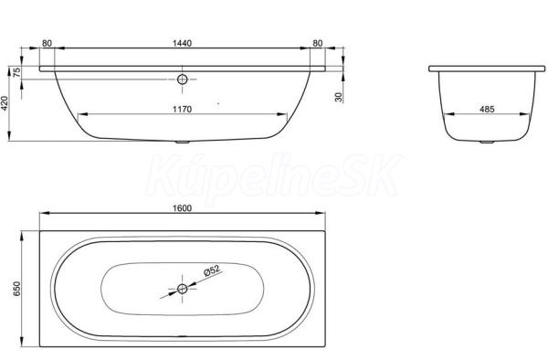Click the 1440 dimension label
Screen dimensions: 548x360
tap(182, 43)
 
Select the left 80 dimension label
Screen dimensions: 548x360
tap(47, 43)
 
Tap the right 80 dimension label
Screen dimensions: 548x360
tap(317, 43)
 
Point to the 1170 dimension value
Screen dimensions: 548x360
tap(182, 110)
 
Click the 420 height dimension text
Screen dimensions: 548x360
tap(5, 103)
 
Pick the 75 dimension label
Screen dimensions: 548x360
tap(16, 72)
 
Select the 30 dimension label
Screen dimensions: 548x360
tap(338, 97)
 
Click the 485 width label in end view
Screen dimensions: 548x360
tap(487, 110)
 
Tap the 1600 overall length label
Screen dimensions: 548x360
tap(182, 208)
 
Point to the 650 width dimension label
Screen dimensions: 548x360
tap(16, 289)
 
